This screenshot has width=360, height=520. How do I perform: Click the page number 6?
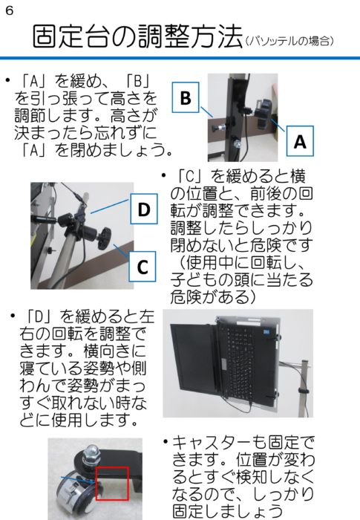pyautogui.click(x=10, y=10)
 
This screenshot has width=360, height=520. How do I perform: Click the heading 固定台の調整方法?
pyautogui.click(x=137, y=37)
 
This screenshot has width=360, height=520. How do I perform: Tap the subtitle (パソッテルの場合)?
pyautogui.click(x=289, y=41)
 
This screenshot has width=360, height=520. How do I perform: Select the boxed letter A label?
pyautogui.click(x=300, y=141)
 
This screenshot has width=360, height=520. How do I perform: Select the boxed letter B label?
pyautogui.click(x=186, y=97)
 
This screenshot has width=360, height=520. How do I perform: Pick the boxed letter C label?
pyautogui.click(x=143, y=266)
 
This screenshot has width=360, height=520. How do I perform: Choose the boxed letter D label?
pyautogui.click(x=144, y=209)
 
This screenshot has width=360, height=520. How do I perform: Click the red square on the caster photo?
pyautogui.click(x=112, y=483)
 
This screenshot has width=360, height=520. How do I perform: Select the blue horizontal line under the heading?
pyautogui.click(x=180, y=58)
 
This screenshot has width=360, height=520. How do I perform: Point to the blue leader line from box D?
pyautogui.click(x=110, y=207)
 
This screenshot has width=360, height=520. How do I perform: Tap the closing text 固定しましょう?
pyautogui.click(x=227, y=511)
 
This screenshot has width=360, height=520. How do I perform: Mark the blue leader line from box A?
pyautogui.click(x=278, y=126)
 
